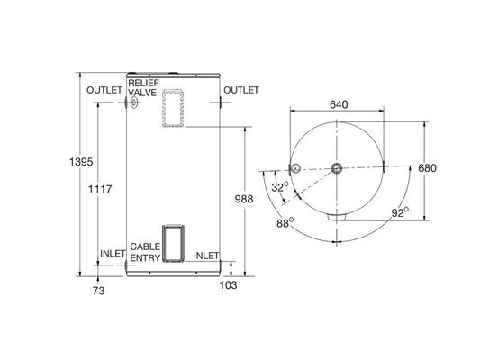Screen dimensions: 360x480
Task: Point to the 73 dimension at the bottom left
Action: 99,290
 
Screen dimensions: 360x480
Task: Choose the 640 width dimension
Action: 339,105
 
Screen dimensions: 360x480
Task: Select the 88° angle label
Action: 285,222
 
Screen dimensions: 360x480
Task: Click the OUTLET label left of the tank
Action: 104,90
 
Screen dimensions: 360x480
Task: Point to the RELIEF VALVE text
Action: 143,87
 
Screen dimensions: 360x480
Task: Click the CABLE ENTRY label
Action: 145,252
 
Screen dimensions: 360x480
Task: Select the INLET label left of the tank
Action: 113,253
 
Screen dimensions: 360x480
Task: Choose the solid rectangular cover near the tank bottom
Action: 174,242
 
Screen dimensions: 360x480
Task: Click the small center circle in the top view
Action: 336,168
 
